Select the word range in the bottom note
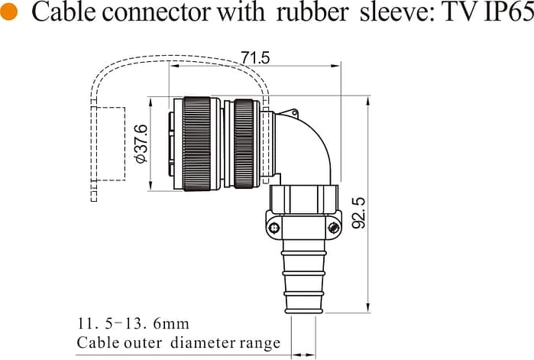tap(261, 343)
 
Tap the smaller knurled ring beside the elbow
tap(244, 143)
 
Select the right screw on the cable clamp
tap(333, 227)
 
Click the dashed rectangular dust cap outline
tap(109, 144)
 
